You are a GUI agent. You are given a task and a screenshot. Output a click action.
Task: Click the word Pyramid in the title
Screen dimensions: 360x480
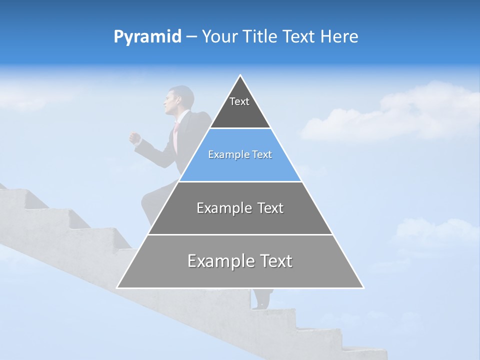(147, 37)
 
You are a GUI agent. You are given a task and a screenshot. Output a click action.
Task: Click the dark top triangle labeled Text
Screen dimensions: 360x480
(240, 110)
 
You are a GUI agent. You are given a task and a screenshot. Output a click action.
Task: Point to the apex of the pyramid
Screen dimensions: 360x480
(240, 76)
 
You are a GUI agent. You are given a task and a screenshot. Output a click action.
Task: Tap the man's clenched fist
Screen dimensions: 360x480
(134, 138)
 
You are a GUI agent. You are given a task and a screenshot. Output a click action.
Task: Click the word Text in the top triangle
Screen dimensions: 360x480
(239, 101)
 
